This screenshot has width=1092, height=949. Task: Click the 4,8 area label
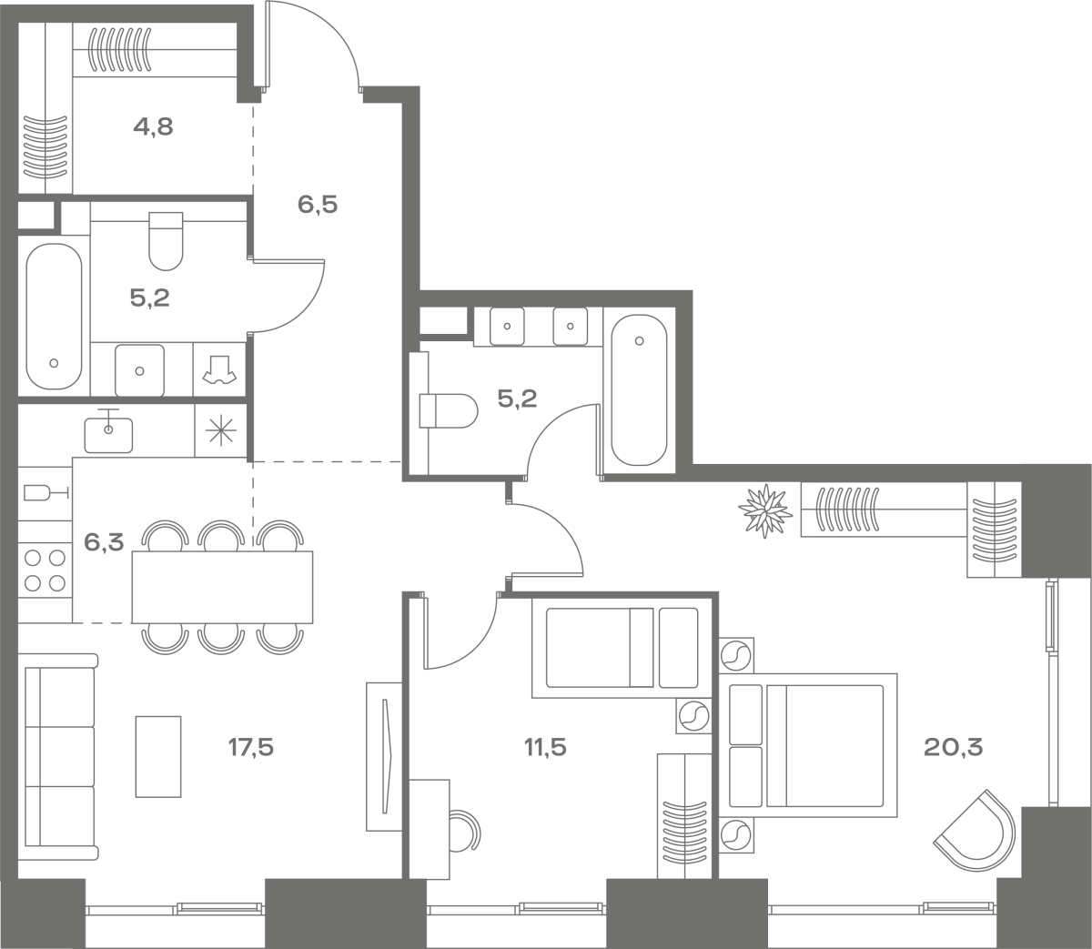pos(153,127)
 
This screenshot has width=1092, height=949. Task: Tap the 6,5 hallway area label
pos(318,205)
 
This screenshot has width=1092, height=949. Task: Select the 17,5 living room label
pos(251,748)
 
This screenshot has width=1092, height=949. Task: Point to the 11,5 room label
pos(545,748)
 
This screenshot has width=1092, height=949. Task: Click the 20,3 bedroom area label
pos(954,748)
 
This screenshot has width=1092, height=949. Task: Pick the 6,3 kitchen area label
pos(104,542)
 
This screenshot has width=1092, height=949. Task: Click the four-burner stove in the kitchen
pos(45,570)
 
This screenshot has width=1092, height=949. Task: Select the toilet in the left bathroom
pos(166,241)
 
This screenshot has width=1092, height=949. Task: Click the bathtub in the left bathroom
pos(54,317)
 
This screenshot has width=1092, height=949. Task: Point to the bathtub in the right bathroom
pos(639,390)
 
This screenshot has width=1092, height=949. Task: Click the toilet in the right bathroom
pos(449,410)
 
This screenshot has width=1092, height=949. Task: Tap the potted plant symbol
pos(765,511)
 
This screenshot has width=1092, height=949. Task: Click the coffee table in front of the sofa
pos(158,756)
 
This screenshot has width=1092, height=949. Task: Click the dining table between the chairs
pos(222,587)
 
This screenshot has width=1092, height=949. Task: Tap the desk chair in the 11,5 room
pos(464,838)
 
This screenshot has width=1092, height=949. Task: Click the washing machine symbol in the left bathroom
pos(219,369)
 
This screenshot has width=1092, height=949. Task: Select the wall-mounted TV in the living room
pos(385,756)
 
